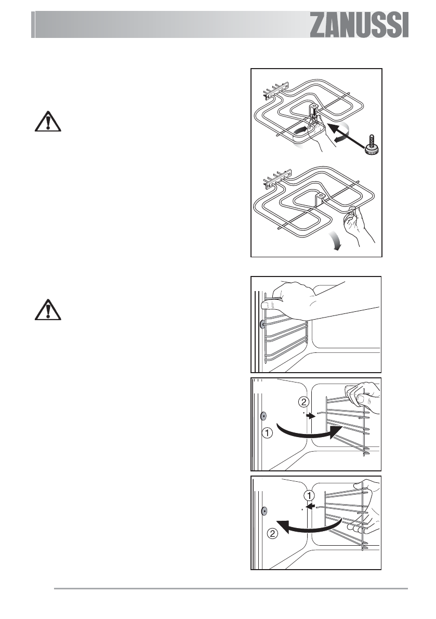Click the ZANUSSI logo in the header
(360, 25)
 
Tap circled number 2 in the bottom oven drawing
(272, 532)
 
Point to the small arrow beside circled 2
(310, 416)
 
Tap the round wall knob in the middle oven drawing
(263, 415)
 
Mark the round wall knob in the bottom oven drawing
(264, 510)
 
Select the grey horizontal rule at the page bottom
(231, 589)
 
